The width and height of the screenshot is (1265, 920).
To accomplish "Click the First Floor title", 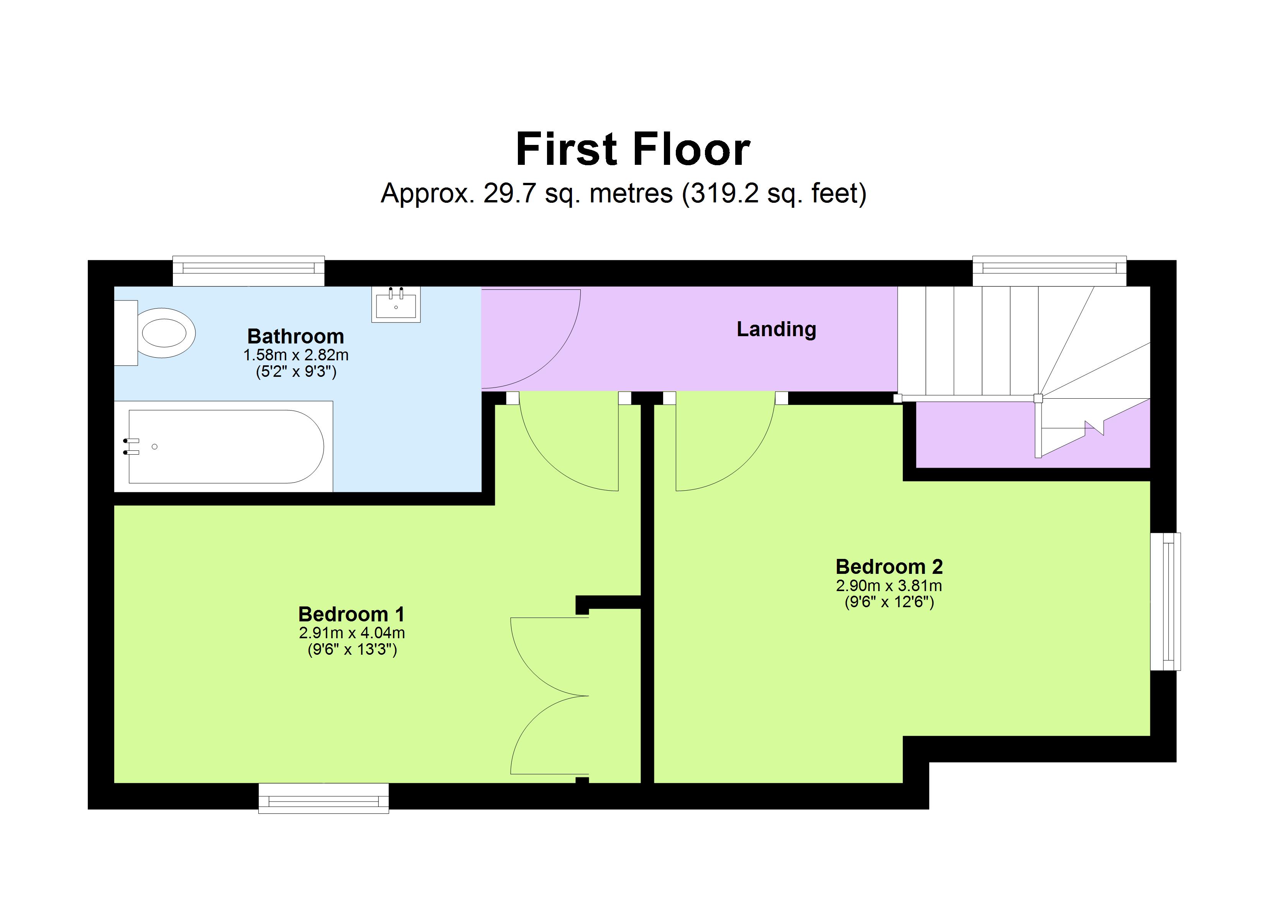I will (632, 149).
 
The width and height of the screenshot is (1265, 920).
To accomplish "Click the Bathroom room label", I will (296, 337).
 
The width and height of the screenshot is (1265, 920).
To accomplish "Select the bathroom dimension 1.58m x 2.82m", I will (296, 355).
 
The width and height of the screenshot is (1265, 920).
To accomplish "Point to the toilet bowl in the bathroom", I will (163, 333).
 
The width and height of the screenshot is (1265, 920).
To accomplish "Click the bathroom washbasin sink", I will (396, 306).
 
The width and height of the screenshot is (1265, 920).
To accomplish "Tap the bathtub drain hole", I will (154, 446).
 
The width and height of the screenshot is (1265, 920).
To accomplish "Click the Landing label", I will (776, 329).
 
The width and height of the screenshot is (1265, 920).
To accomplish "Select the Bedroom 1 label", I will (352, 614).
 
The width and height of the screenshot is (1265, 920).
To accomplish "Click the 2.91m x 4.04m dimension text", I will (352, 632).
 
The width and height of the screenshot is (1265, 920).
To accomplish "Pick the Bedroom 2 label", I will (889, 567).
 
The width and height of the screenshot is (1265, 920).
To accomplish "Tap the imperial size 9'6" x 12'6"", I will (889, 602).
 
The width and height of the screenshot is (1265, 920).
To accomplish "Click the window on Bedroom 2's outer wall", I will (1166, 601).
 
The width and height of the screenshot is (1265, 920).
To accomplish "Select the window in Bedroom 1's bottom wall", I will (324, 798).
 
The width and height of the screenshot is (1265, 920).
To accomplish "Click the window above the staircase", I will (1049, 271).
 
